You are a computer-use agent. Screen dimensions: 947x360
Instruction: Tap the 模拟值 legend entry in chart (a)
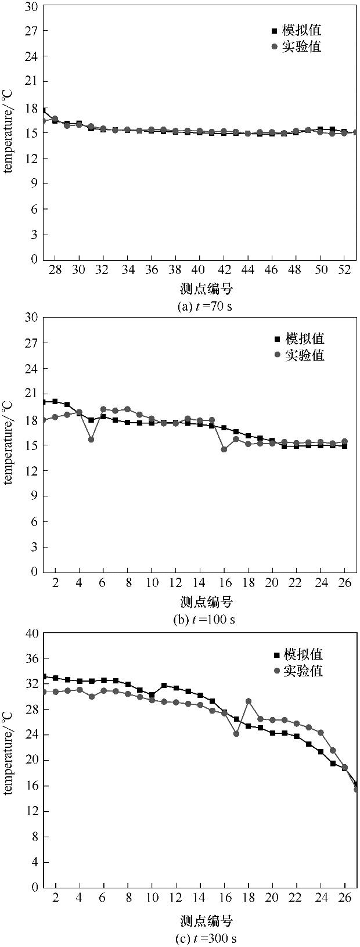coord(296,30)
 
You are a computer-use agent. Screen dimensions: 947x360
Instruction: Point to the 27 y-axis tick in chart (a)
coord(32,31)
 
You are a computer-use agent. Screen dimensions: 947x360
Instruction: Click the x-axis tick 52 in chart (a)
coord(344,271)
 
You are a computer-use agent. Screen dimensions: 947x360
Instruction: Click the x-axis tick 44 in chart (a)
coord(247,271)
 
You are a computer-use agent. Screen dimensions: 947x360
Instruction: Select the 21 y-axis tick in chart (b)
coord(32,394)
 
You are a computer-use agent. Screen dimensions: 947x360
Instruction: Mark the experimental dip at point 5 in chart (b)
coord(91,439)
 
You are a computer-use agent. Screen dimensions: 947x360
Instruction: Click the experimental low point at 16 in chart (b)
coord(224,449)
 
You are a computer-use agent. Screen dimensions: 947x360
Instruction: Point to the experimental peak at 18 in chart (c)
coord(249,701)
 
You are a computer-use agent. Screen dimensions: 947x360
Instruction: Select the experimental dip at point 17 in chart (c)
coord(236,733)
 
